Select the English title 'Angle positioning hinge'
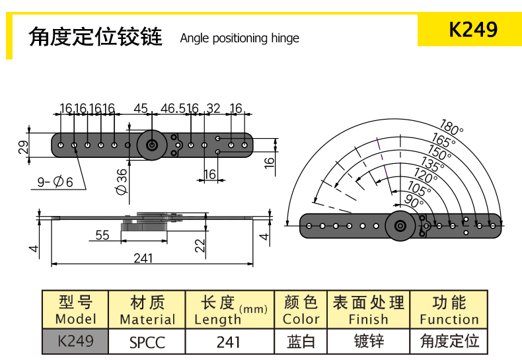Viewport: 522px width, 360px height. (239, 38)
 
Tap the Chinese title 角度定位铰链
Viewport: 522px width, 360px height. (95, 36)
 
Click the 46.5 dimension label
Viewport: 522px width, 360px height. (173, 108)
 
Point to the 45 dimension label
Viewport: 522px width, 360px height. (141, 108)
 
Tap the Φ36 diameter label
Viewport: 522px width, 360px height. (122, 181)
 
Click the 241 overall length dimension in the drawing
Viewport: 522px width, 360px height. (143, 258)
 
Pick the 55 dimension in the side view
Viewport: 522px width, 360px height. (102, 235)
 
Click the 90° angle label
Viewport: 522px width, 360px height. (414, 200)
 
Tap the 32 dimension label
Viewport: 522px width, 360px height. (213, 108)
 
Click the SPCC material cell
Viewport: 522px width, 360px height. (147, 342)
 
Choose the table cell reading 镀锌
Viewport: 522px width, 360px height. (369, 342)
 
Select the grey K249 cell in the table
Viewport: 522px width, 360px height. (75, 342)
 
